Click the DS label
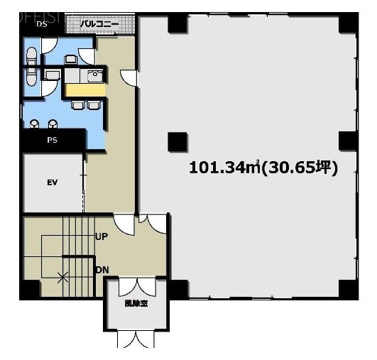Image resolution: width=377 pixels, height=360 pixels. point(42,23)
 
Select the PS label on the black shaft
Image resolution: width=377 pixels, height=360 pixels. point(52,140)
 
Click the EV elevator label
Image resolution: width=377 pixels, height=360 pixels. point(52,182)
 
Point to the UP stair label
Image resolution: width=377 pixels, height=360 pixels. point(102,236)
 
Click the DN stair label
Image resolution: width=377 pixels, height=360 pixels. point(102,269)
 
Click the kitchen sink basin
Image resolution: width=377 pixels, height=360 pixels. point(94,75)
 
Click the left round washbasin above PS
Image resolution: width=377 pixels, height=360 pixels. point(35,124)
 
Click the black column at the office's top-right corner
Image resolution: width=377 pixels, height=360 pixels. point(346,26)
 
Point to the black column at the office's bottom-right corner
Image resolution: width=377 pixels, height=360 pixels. point(346,289)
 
